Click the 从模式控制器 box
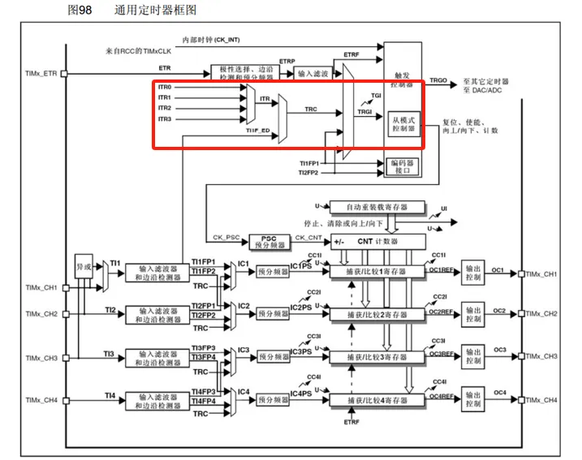(x=405, y=123)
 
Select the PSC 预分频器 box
(x=269, y=241)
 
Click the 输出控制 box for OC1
(x=473, y=274)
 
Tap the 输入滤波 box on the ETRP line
(x=314, y=74)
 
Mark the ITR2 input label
(x=164, y=108)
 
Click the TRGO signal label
(x=438, y=81)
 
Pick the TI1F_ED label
(x=259, y=130)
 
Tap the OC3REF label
(x=442, y=354)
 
